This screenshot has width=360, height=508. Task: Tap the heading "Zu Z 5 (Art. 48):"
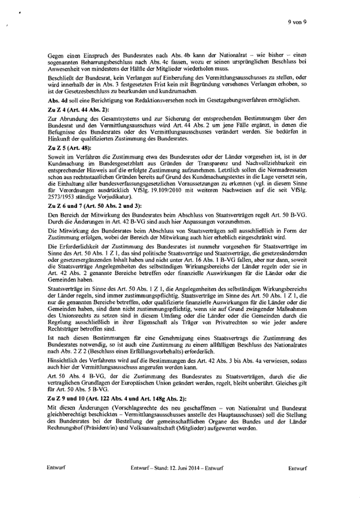(x=68, y=148)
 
